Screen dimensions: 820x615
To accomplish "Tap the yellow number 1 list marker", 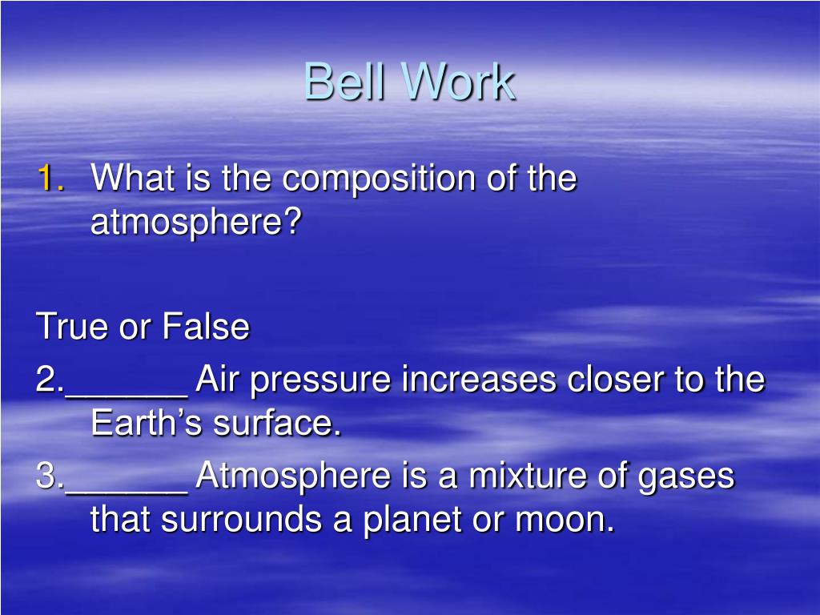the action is [x=50, y=178].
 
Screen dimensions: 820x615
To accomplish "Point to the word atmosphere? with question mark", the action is [x=196, y=222].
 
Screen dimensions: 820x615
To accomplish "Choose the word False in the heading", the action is [x=206, y=326].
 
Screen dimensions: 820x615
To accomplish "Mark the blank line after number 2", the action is [x=126, y=396].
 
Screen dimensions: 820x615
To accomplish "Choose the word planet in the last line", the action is [x=412, y=521].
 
